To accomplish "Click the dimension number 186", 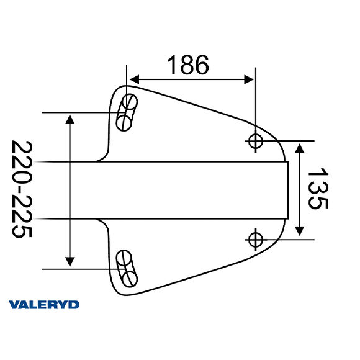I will click(x=187, y=64).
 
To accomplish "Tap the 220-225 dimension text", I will click(x=22, y=189).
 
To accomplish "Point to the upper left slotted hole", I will click(x=127, y=112).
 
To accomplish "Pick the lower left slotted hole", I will click(x=127, y=268).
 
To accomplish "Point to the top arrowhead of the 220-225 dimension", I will click(x=70, y=119).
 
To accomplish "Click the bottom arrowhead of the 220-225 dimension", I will click(x=70, y=261).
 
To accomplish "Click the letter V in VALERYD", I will click(x=14, y=304).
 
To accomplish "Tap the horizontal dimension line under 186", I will click(x=192, y=79).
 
